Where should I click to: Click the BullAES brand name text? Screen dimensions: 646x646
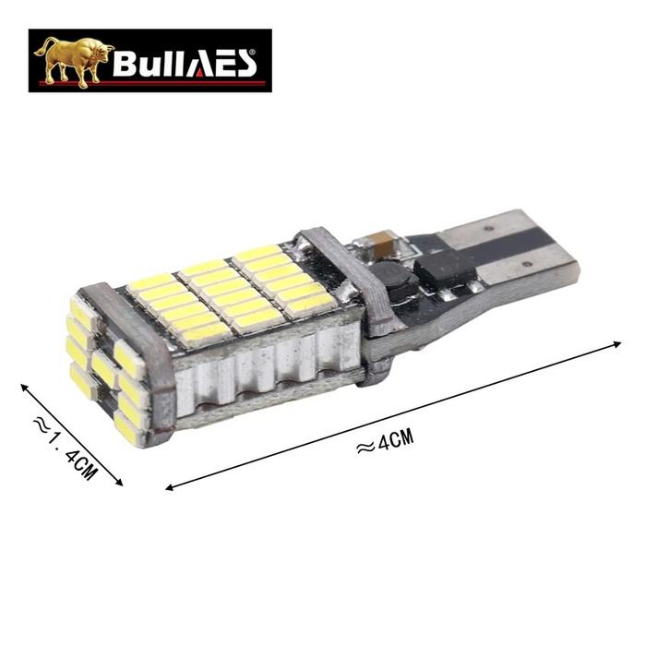(x=185, y=63)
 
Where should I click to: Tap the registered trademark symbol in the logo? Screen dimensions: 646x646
(x=253, y=52)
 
